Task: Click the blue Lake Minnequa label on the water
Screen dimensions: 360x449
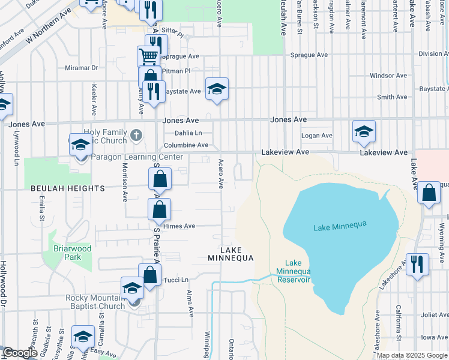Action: click(x=340, y=226)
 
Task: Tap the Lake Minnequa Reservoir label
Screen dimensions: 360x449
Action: click(x=293, y=271)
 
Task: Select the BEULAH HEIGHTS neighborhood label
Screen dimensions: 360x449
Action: click(x=68, y=188)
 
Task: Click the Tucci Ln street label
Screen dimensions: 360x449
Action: click(x=176, y=280)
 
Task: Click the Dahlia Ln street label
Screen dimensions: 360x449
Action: click(x=188, y=133)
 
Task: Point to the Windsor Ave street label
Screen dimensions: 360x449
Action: click(x=388, y=76)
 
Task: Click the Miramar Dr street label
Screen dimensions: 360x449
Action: click(x=77, y=68)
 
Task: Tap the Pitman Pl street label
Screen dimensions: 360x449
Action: click(x=175, y=71)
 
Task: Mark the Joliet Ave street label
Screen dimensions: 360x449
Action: click(x=429, y=314)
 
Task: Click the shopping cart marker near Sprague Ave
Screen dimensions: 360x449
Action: click(x=148, y=56)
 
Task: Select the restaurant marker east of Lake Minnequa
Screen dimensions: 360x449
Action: click(x=417, y=264)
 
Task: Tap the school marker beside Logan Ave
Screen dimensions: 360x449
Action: click(x=364, y=131)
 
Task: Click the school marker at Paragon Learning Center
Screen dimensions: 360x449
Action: click(x=80, y=145)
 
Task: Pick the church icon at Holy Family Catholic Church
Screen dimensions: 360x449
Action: click(x=136, y=134)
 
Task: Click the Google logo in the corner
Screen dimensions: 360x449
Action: click(x=20, y=353)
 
